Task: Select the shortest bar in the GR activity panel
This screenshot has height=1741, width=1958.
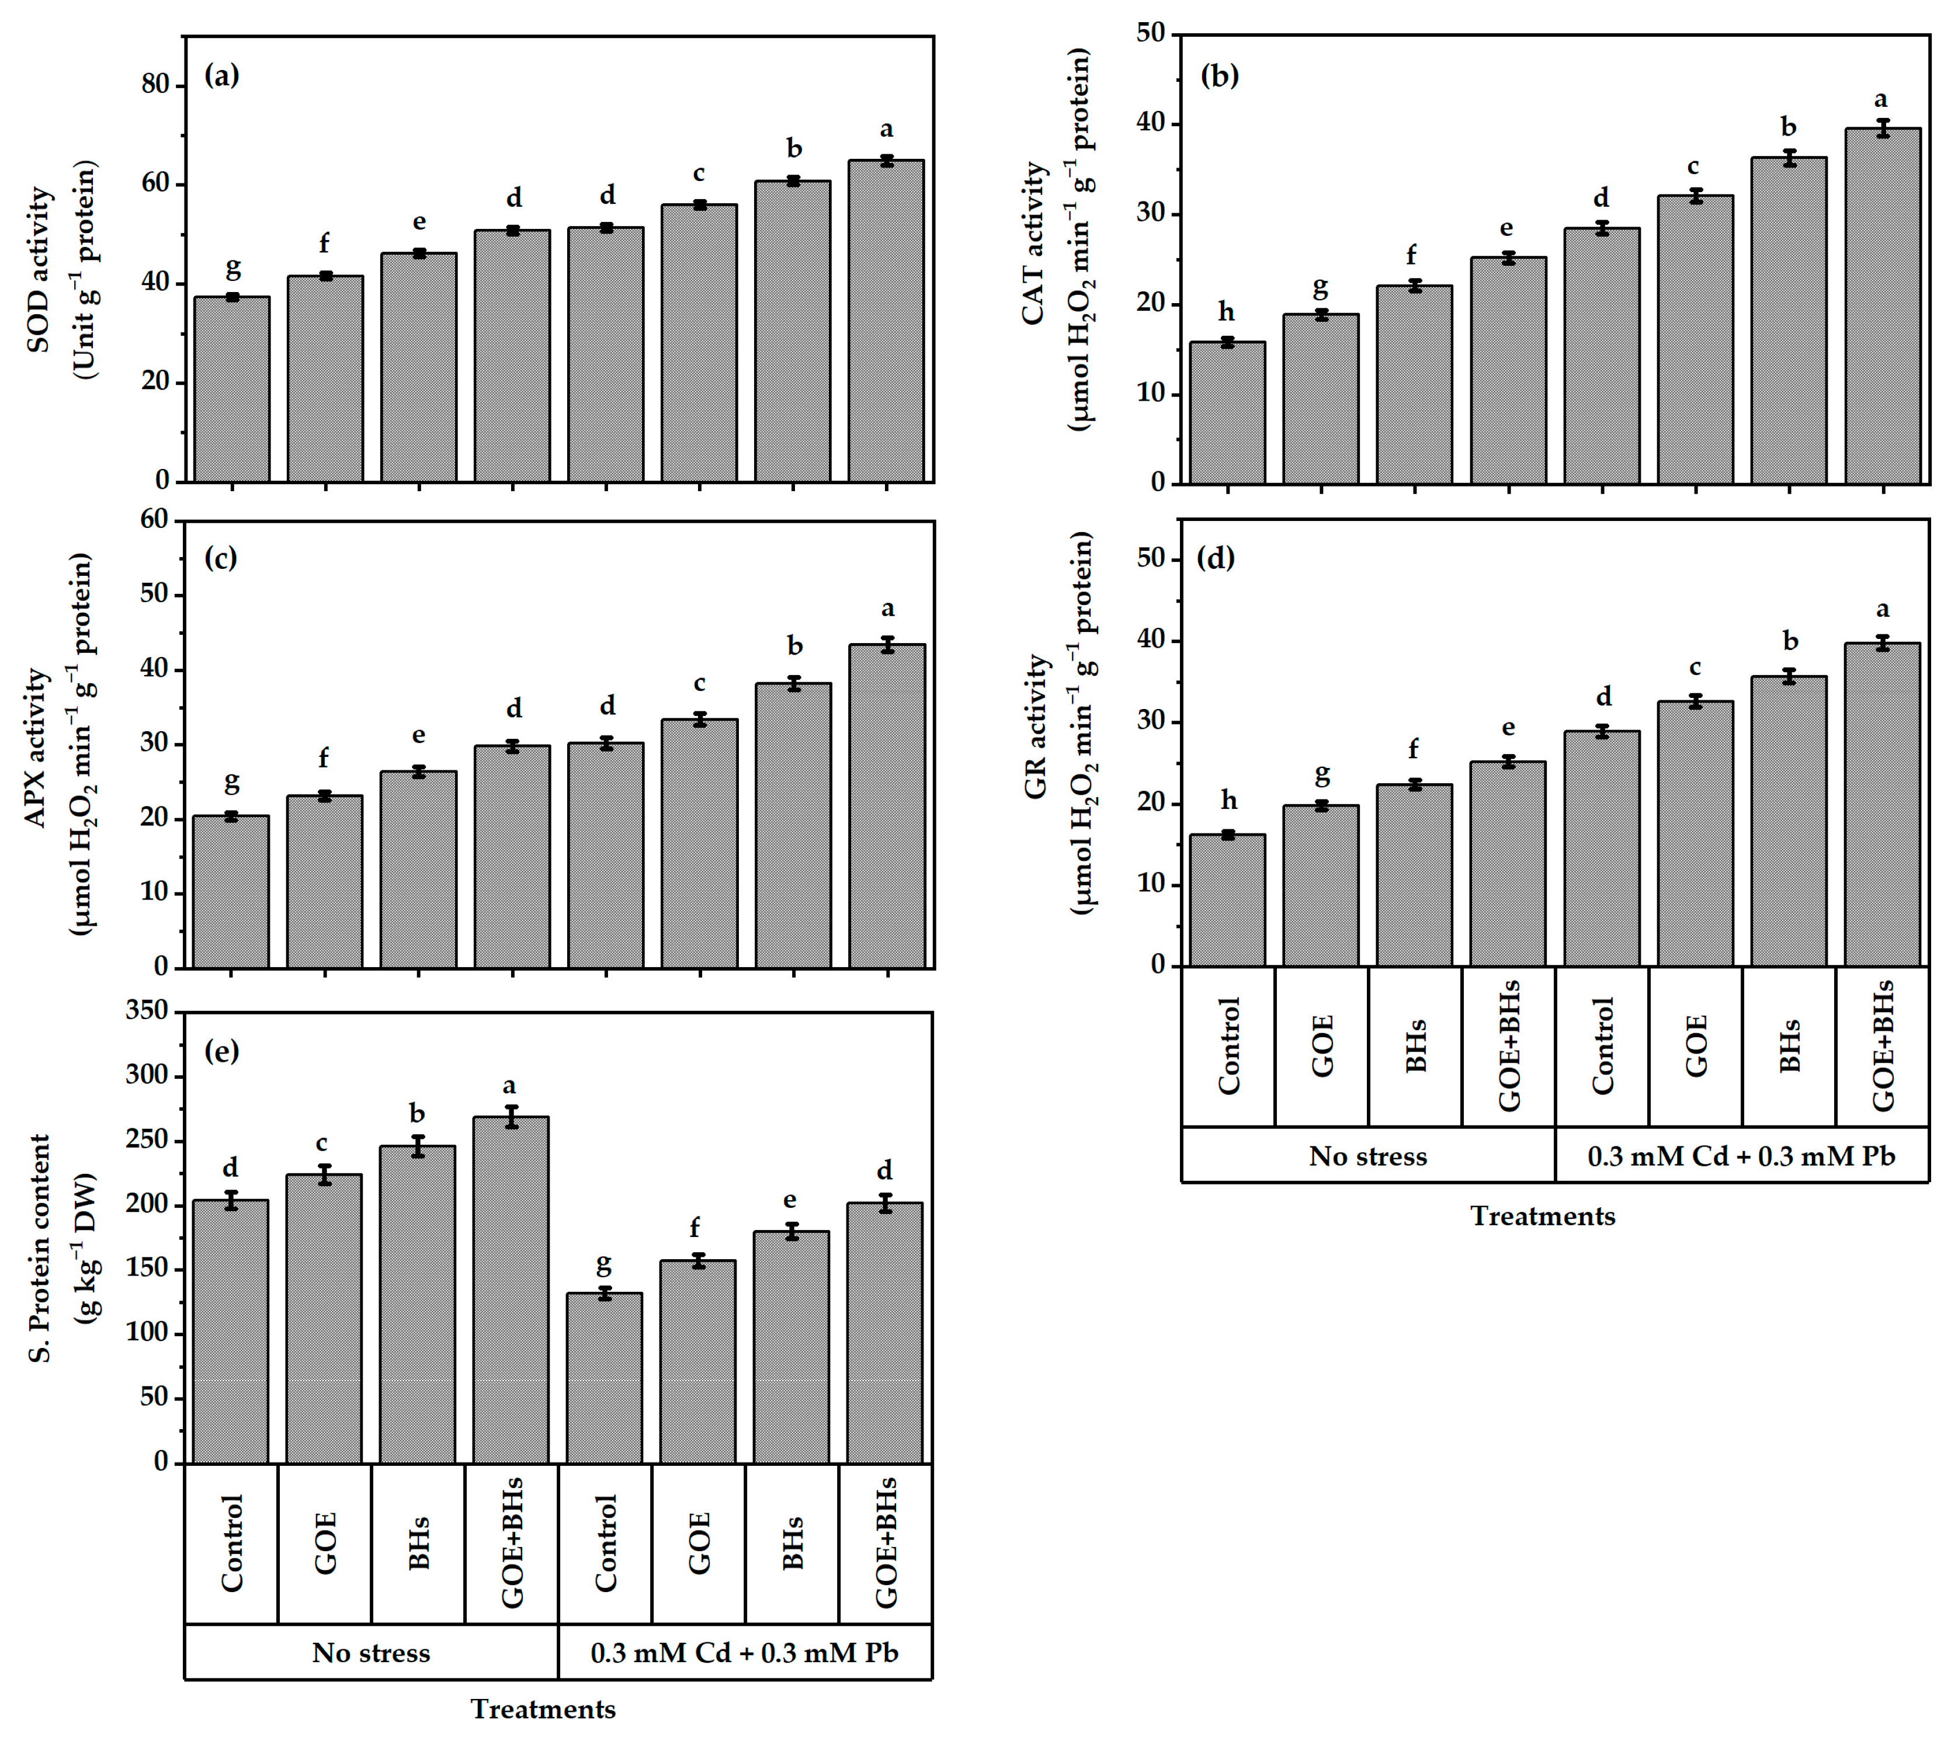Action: pyautogui.click(x=1227, y=900)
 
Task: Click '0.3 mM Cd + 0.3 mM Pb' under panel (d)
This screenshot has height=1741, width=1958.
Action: pyautogui.click(x=1741, y=1157)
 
